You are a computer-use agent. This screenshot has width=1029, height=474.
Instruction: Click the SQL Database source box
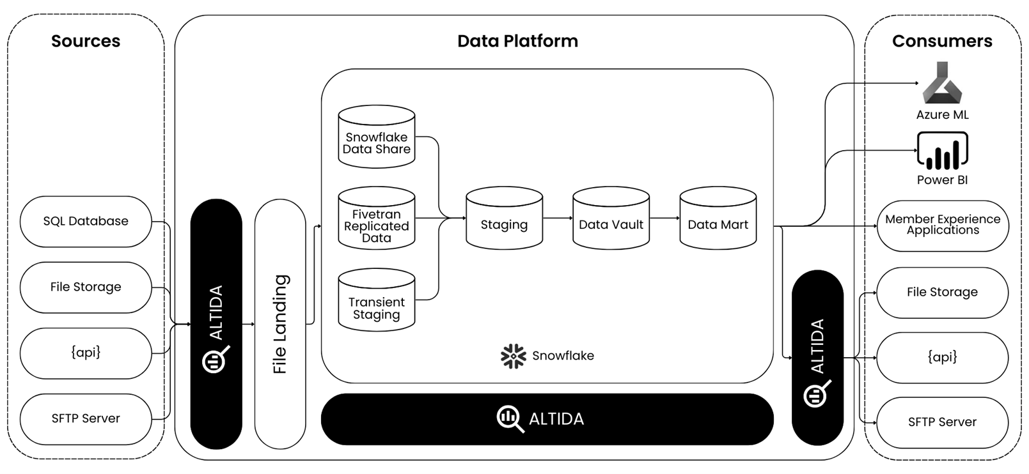coord(86,222)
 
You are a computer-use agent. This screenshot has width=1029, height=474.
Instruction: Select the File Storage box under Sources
coord(86,287)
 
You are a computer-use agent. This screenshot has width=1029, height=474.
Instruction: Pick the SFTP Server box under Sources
coord(86,419)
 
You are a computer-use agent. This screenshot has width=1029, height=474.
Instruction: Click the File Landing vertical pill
coord(280,324)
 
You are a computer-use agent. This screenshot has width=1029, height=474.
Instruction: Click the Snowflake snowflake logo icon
coord(513,356)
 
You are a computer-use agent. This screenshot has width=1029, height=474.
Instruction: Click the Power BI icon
coord(942,151)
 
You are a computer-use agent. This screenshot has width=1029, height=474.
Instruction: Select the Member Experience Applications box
coord(943,226)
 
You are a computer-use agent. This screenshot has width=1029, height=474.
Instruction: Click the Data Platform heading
coord(517,41)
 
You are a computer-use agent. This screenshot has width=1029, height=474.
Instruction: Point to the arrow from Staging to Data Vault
coord(558,218)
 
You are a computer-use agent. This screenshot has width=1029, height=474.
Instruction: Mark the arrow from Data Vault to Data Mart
coord(664,218)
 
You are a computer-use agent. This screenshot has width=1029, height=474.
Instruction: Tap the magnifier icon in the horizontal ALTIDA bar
coord(510,419)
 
